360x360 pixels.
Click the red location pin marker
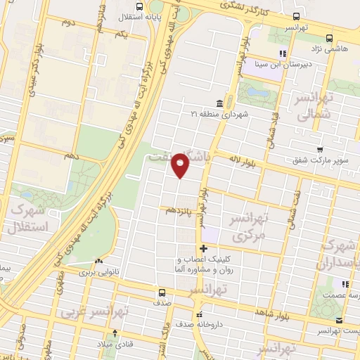coord(181,165)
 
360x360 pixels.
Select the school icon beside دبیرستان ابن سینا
coord(283,53)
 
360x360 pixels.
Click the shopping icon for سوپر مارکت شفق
coord(320,150)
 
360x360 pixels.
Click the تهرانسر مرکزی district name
coord(249,227)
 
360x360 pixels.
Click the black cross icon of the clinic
coord(203,248)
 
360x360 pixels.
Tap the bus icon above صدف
coord(162,292)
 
